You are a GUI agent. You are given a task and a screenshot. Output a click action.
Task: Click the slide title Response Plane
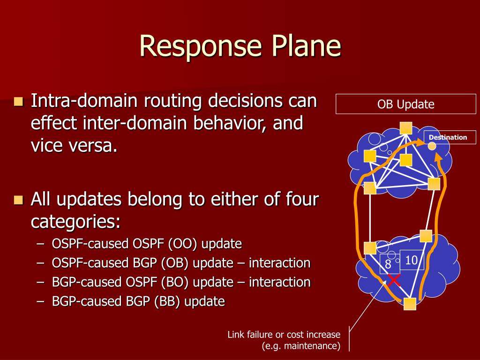coord(240,46)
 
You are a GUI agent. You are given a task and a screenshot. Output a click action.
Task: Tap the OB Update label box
coord(406,104)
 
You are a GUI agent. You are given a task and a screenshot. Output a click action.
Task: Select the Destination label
coord(448,137)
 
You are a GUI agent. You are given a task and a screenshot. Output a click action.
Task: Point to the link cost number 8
coord(388,265)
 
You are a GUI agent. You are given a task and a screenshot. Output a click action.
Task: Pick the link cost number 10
coord(411,261)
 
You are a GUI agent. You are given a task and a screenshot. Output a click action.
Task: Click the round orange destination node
coord(432,146)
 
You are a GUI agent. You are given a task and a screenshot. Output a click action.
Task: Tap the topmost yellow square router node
coord(406,127)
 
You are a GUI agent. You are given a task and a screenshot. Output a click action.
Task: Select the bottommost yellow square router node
coord(410,304)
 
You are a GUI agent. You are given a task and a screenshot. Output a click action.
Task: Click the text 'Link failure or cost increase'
coord(284,335)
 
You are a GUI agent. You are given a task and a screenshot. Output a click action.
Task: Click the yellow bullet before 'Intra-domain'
coord(19,101)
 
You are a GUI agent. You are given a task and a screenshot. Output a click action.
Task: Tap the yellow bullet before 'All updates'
coord(19,200)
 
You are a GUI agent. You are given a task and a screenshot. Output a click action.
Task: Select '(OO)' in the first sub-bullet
coord(176,244)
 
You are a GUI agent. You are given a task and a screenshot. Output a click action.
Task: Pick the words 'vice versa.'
coord(74,146)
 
